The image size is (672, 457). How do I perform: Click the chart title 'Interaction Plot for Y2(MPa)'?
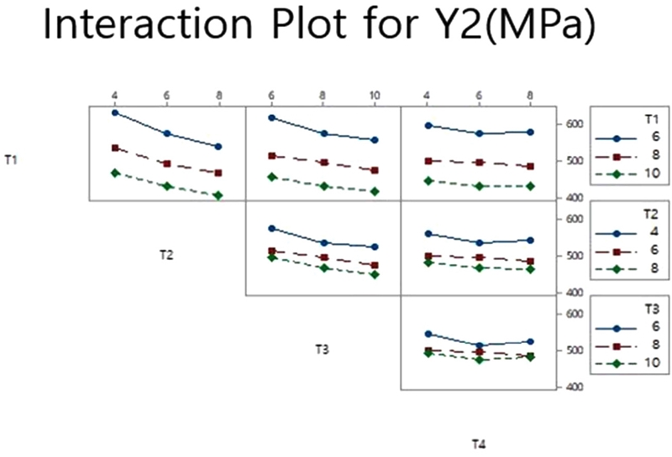(319, 28)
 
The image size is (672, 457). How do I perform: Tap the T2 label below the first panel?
(166, 253)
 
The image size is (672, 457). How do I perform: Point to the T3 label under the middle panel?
(322, 349)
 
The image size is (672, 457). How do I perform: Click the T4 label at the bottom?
(478, 444)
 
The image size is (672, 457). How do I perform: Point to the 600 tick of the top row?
(574, 124)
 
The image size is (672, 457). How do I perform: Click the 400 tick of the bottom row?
(574, 387)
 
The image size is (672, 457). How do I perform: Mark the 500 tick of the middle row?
(574, 256)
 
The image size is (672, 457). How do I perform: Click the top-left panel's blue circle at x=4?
(114, 112)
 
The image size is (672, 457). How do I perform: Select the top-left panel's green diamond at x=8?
(218, 195)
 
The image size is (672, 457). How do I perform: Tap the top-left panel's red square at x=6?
(166, 164)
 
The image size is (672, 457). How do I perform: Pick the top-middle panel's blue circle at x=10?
(375, 140)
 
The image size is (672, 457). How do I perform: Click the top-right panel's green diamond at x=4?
(428, 180)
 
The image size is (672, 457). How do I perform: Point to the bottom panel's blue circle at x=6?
(479, 345)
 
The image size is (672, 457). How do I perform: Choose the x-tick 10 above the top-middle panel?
(375, 96)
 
